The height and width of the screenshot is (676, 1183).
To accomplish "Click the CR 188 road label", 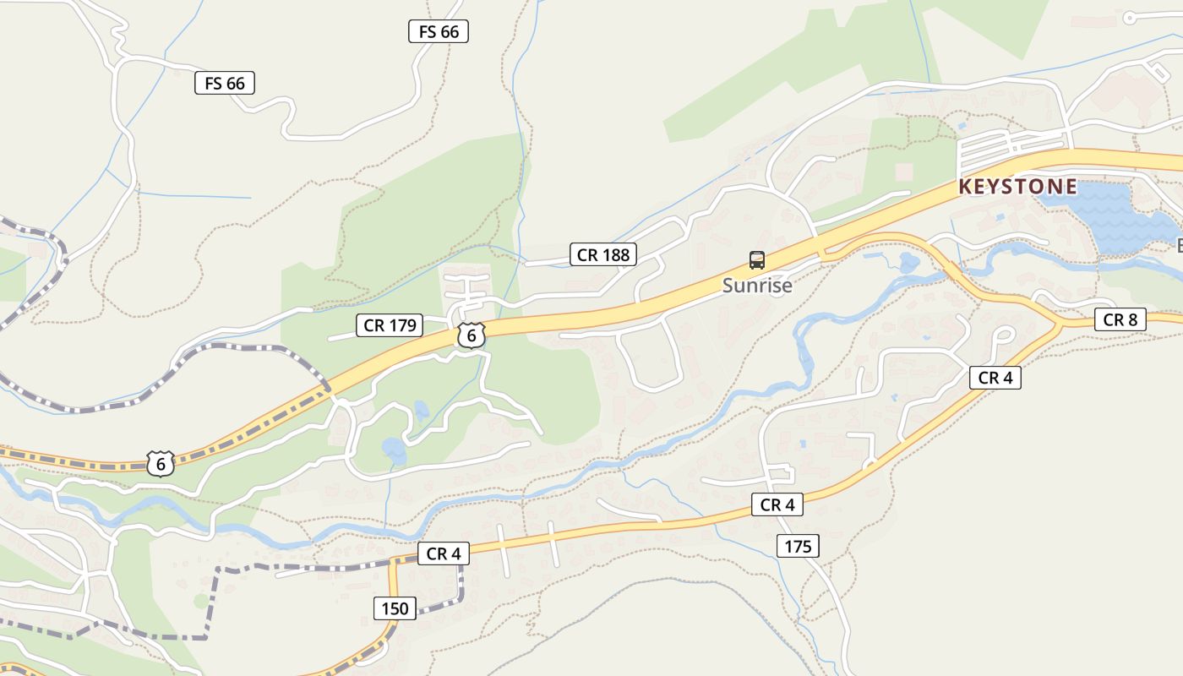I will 603,254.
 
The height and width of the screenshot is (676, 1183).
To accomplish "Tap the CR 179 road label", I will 390,325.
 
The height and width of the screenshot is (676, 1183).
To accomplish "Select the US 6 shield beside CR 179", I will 472,335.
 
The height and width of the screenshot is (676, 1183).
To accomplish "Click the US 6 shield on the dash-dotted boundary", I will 160,463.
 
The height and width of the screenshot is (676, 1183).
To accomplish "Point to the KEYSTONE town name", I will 1018,187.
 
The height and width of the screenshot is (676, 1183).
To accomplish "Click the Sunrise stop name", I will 757,286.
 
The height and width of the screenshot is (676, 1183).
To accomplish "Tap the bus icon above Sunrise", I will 757,260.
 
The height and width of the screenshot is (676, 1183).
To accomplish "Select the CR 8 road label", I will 1120,319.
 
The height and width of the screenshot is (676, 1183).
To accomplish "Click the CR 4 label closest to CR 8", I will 995,378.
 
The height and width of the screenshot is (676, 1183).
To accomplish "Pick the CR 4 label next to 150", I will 443,554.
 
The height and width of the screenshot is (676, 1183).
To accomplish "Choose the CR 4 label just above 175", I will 777,505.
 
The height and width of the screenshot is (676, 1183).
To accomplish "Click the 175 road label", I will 798,547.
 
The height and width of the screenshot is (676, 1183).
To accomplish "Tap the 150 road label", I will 395,608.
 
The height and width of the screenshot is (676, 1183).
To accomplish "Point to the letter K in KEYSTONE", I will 966,187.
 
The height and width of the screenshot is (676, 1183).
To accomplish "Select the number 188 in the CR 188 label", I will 615,254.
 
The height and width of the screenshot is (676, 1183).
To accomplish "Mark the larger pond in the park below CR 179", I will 394,448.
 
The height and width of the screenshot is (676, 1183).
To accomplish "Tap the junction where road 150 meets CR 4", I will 393,561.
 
